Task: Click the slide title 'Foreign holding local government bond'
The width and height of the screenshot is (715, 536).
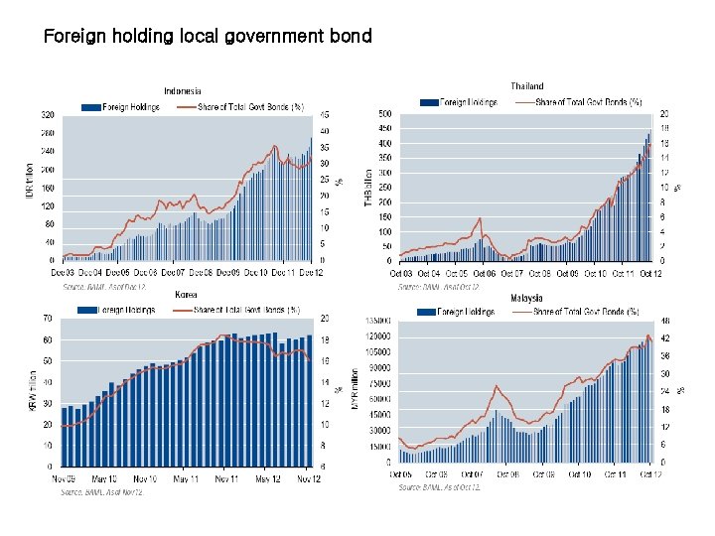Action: pos(208,37)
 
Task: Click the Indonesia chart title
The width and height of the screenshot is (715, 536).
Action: pos(183,91)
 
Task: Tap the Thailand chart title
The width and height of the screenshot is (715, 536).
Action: pos(527,86)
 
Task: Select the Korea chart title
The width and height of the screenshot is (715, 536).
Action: pos(186,295)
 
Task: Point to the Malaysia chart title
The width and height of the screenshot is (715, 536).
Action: pos(527,298)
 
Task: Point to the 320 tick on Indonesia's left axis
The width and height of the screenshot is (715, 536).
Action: pos(48,114)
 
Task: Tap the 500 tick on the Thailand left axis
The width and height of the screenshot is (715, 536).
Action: pos(382,114)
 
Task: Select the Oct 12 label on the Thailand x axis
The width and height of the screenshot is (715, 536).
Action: pos(650,273)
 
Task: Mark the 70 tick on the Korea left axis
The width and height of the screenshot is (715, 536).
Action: pos(48,319)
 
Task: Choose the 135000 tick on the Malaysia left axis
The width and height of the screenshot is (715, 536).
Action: pos(378,321)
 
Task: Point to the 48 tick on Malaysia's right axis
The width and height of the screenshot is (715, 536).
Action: pos(664,321)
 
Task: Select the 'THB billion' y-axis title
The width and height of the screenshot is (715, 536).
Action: pos(367,186)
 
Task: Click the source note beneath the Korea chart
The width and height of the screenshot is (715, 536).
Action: pos(102,491)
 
